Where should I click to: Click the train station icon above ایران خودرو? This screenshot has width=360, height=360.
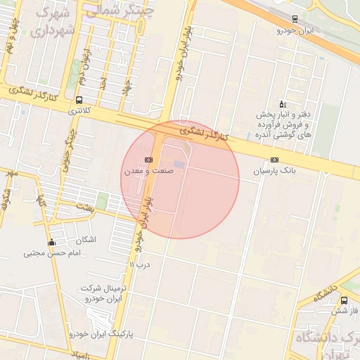tap(294, 19)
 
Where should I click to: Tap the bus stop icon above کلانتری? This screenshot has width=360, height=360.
tap(79, 100)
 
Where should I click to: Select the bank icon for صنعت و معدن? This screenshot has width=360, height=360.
tap(148, 160)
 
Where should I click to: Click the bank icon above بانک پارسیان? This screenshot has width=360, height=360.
tap(274, 160)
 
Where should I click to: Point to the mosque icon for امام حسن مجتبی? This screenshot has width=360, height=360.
tap(51, 243)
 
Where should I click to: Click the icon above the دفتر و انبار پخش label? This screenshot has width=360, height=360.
tap(282, 103)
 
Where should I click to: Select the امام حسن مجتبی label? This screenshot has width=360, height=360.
tap(49, 254)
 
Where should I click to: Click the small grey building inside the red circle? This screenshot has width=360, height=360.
tap(180, 165)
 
